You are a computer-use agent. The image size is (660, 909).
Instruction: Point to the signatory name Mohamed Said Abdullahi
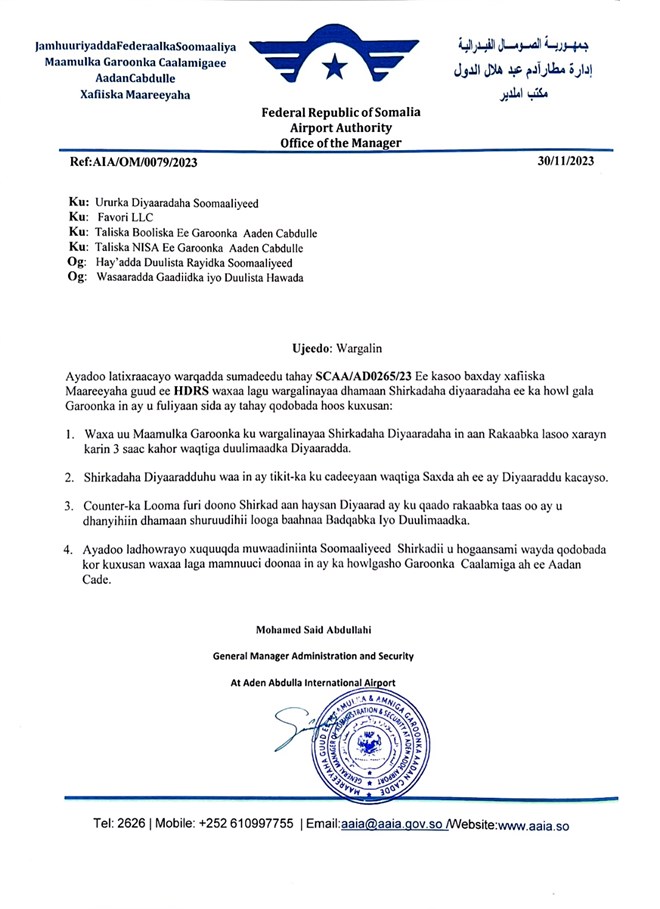click(x=311, y=629)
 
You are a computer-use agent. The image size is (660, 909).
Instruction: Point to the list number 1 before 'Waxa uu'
click(x=69, y=434)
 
